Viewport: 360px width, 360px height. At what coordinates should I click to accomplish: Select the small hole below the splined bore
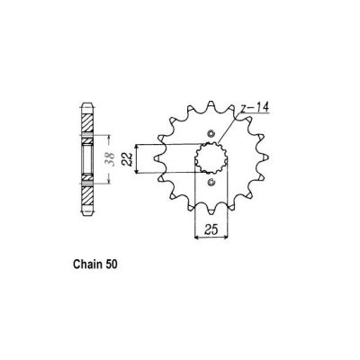(210, 184)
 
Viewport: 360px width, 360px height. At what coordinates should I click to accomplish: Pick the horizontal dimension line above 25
(210, 237)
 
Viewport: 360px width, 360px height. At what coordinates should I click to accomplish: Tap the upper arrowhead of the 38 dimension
(109, 140)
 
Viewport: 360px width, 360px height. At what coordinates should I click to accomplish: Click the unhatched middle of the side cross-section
(87, 162)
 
